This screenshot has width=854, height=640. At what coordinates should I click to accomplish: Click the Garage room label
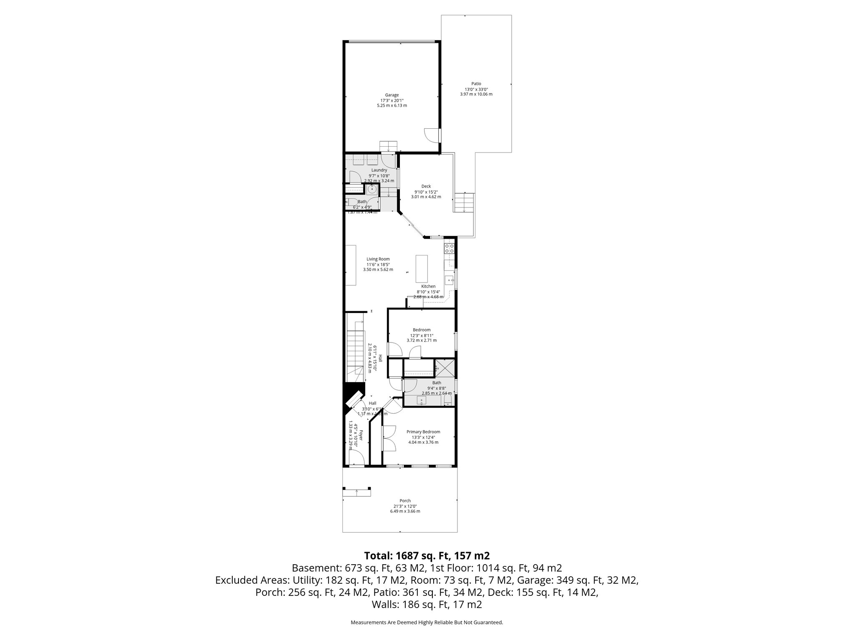392,95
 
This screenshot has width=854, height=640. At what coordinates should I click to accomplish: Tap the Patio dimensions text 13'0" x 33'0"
476,89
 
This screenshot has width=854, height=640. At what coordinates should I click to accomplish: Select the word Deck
426,186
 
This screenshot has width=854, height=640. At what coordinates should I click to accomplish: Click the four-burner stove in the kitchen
450,249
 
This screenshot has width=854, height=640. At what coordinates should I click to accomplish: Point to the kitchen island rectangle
422,269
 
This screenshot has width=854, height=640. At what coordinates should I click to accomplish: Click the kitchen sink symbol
449,280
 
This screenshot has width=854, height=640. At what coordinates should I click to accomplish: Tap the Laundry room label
379,170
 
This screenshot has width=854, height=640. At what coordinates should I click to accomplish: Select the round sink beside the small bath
372,190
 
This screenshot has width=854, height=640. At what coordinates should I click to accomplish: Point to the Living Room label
378,259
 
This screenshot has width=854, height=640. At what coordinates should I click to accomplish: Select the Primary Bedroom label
423,432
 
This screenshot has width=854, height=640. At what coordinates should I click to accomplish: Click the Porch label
405,501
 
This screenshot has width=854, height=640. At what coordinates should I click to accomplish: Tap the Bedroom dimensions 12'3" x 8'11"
422,335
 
